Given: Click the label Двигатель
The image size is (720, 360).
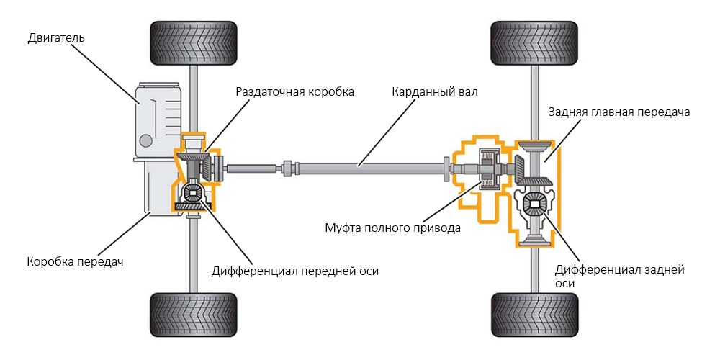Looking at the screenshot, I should [56, 37].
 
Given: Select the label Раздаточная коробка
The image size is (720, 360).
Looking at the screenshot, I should [295, 92].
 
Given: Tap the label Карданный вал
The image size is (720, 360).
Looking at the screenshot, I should [434, 92].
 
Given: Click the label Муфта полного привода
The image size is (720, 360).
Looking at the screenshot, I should [391, 228].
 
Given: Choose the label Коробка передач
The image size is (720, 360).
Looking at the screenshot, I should [75, 261].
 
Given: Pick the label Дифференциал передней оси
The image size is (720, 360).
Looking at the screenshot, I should [294, 271].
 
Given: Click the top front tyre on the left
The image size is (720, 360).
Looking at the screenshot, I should [192, 43].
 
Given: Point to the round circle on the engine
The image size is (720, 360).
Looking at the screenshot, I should [146, 139].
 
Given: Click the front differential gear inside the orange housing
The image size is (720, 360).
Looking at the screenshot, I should [193, 193].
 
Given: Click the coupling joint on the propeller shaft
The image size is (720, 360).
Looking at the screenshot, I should [288, 169].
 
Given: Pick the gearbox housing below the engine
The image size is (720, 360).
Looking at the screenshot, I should [155, 187].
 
